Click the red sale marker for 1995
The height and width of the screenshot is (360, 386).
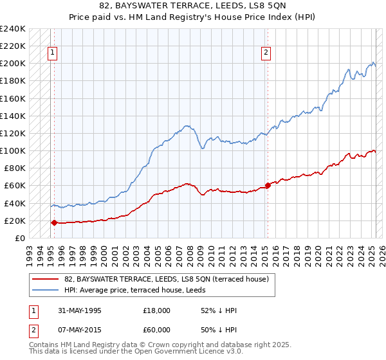click(x=54, y=222)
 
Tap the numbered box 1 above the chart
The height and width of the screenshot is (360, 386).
click(x=51, y=53)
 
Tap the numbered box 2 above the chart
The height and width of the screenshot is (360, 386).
click(x=266, y=53)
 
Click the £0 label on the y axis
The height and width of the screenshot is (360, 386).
click(x=21, y=238)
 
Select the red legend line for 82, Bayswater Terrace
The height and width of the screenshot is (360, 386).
click(x=45, y=278)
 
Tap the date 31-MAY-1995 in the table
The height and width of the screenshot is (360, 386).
click(x=82, y=310)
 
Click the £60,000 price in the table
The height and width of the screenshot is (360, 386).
click(x=157, y=328)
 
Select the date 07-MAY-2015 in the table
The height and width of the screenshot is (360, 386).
click(x=82, y=328)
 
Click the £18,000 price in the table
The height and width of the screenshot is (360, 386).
click(x=157, y=310)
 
